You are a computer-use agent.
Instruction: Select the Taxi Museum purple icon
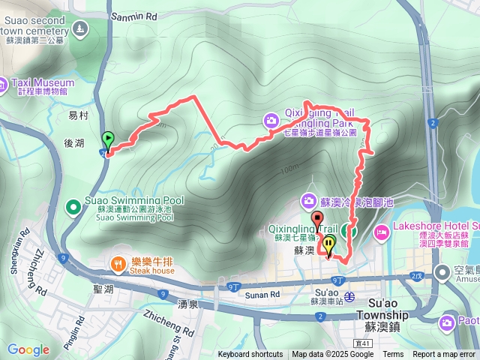[x=5, y=82]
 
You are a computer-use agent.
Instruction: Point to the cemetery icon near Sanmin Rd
[x=78, y=30]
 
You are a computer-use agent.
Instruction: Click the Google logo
[x=28, y=349]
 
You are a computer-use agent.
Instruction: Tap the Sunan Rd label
[x=265, y=295]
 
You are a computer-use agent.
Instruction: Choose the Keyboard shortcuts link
[x=250, y=355]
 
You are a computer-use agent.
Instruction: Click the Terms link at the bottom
[x=393, y=355]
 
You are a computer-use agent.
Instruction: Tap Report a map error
[x=444, y=355]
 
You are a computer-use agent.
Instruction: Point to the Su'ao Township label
[x=382, y=314]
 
